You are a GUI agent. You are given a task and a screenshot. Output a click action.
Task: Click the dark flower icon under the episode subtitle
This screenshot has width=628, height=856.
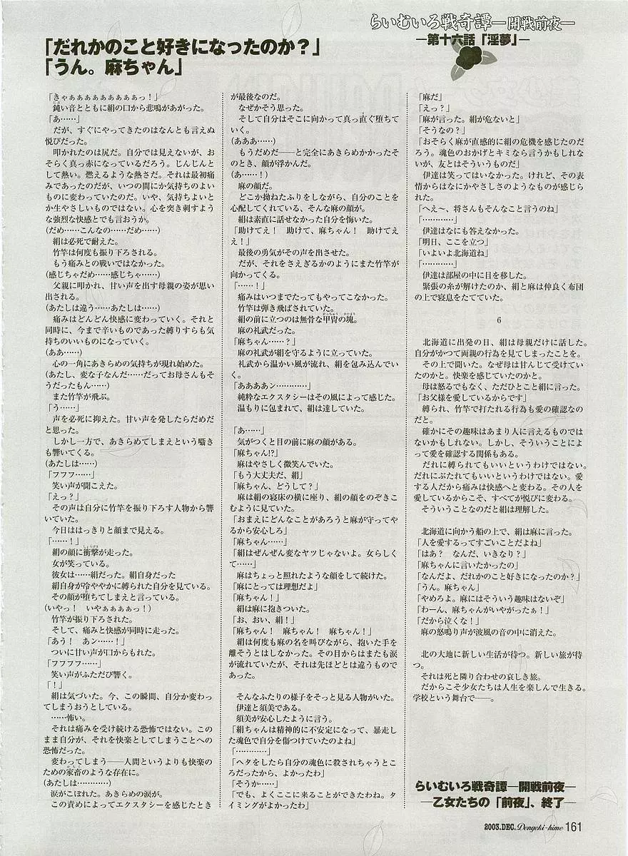click(467, 65)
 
